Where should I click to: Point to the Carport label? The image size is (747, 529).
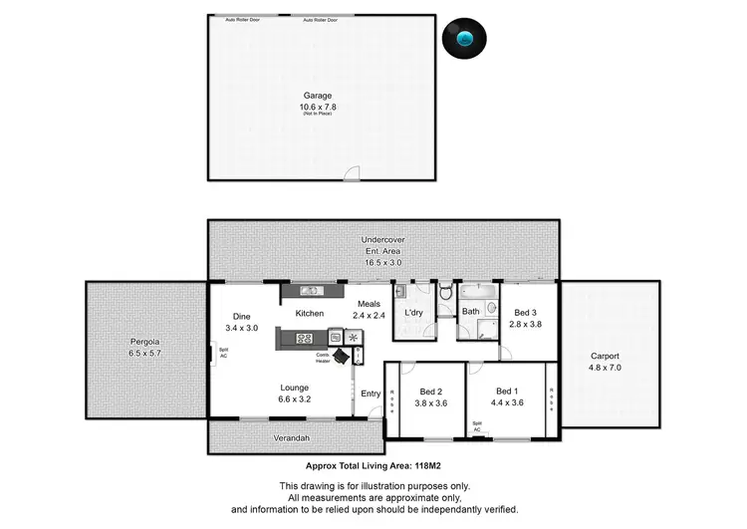point(605,356)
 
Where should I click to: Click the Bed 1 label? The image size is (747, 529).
point(508,392)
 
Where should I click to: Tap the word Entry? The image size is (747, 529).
point(371,395)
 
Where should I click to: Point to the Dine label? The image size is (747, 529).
point(242,316)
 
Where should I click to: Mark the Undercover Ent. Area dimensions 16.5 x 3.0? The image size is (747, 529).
point(381,262)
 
